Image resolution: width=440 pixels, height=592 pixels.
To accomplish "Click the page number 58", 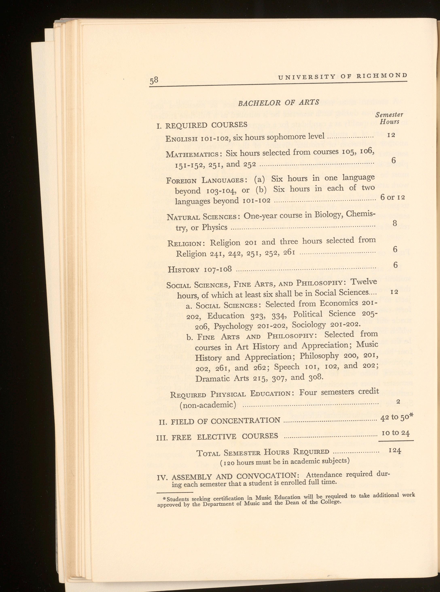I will (154, 80).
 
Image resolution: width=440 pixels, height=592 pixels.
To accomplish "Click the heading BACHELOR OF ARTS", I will (279, 102).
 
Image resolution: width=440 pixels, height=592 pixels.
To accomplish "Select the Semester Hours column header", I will (389, 118).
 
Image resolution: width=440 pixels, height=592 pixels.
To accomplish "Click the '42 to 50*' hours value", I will (397, 418).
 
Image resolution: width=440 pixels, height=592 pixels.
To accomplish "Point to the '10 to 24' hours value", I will (395, 433).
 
